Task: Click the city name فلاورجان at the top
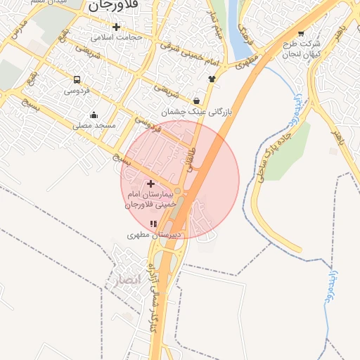pos(112,6)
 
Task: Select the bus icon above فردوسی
pos(76,79)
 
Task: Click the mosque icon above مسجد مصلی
pos(94,115)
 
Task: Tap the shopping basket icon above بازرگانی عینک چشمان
pos(195,101)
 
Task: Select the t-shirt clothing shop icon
pos(212,79)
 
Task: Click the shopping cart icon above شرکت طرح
pos(301,32)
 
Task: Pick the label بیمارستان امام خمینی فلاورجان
pos(150,199)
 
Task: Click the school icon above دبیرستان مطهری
pos(153,224)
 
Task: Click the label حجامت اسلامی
pos(121,37)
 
